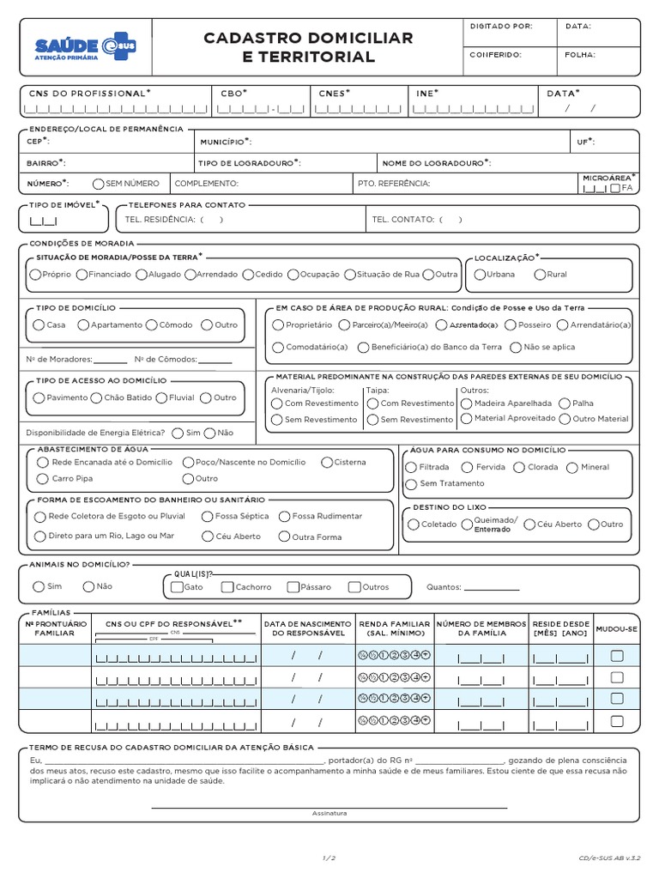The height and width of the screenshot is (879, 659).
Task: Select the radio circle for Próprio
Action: tap(34, 275)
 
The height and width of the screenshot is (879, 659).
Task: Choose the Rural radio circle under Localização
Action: tap(539, 275)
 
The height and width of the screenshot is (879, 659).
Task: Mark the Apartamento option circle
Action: tap(83, 325)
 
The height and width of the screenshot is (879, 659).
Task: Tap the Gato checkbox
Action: tap(177, 587)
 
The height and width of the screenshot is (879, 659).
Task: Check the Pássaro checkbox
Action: tap(293, 587)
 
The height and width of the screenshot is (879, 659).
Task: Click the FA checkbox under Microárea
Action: tap(614, 188)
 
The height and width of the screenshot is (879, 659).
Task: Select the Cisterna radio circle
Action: tap(327, 462)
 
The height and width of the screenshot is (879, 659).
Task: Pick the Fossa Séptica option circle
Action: tap(208, 517)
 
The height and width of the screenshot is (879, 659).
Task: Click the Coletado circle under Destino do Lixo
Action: tap(413, 524)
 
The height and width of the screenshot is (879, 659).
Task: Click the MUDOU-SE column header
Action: tap(616, 628)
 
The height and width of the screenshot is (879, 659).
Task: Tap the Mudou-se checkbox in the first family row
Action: tap(616, 656)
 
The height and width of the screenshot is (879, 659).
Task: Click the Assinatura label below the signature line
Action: tap(329, 814)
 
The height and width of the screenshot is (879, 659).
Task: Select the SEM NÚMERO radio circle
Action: tap(99, 184)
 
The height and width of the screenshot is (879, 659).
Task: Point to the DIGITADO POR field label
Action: tap(501, 27)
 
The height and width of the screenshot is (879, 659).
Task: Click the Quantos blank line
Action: tap(492, 588)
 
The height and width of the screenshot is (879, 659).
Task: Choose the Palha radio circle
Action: tap(565, 403)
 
